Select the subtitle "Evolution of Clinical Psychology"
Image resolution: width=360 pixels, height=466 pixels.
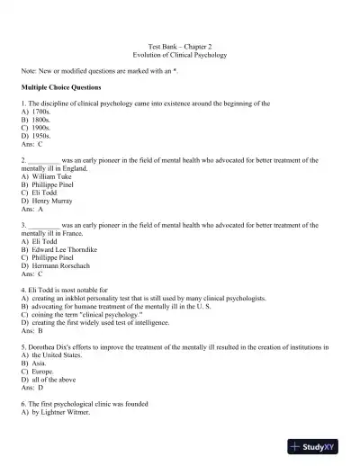[x=180, y=55]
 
